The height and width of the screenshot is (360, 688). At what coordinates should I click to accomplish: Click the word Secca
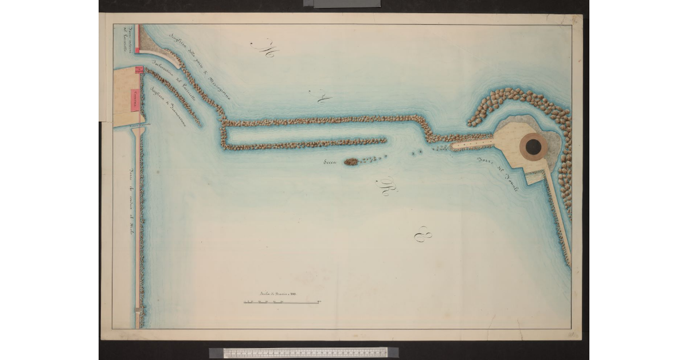(x=331, y=162)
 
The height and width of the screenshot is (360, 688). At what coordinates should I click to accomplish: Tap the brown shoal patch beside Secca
(x=351, y=162)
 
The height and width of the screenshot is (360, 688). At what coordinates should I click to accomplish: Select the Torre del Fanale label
(x=498, y=173)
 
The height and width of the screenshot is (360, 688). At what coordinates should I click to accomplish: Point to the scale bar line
(x=282, y=302)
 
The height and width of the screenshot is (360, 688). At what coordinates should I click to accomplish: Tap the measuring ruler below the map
(x=304, y=352)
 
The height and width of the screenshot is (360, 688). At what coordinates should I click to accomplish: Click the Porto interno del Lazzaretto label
(x=127, y=38)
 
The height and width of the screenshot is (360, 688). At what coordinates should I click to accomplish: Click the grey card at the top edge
(x=342, y=3)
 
